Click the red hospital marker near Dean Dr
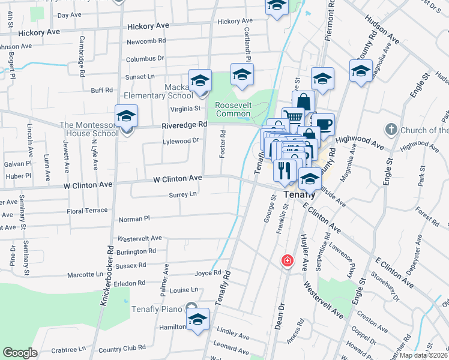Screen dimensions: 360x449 288,260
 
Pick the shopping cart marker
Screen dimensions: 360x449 293,117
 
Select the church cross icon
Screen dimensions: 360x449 391,130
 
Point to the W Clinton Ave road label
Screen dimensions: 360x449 178,179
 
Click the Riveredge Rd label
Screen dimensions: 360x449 184,125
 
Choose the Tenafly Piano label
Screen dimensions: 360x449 157,310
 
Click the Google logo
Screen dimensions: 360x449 20,353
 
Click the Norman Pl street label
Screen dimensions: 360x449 134,220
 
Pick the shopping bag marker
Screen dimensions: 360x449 304,101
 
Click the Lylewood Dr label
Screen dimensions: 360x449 181,141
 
